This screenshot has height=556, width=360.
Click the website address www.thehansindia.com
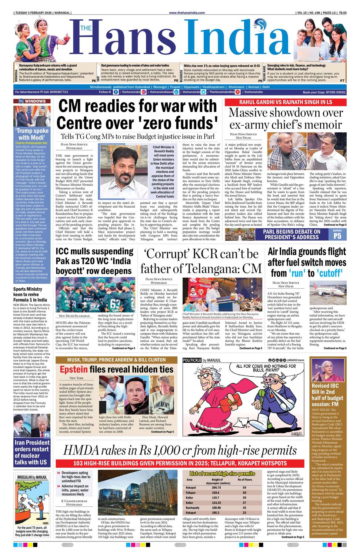click(x=187, y=13)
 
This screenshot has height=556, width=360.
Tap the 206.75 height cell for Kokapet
click(x=216, y=488)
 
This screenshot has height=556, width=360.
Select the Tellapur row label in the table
click(x=191, y=493)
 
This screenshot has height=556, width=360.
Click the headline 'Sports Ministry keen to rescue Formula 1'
click(x=30, y=294)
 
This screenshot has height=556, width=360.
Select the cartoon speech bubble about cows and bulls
click(x=263, y=368)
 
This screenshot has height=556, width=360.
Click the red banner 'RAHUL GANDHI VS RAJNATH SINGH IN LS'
click(x=286, y=102)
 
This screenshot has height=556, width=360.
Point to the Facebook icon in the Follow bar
click(x=116, y=92)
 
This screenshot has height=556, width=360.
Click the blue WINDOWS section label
click(x=32, y=101)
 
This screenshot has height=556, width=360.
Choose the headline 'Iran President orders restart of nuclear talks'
click(x=32, y=452)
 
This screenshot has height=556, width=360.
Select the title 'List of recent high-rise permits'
click(x=222, y=473)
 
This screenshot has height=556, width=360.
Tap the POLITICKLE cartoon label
click(x=192, y=360)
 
